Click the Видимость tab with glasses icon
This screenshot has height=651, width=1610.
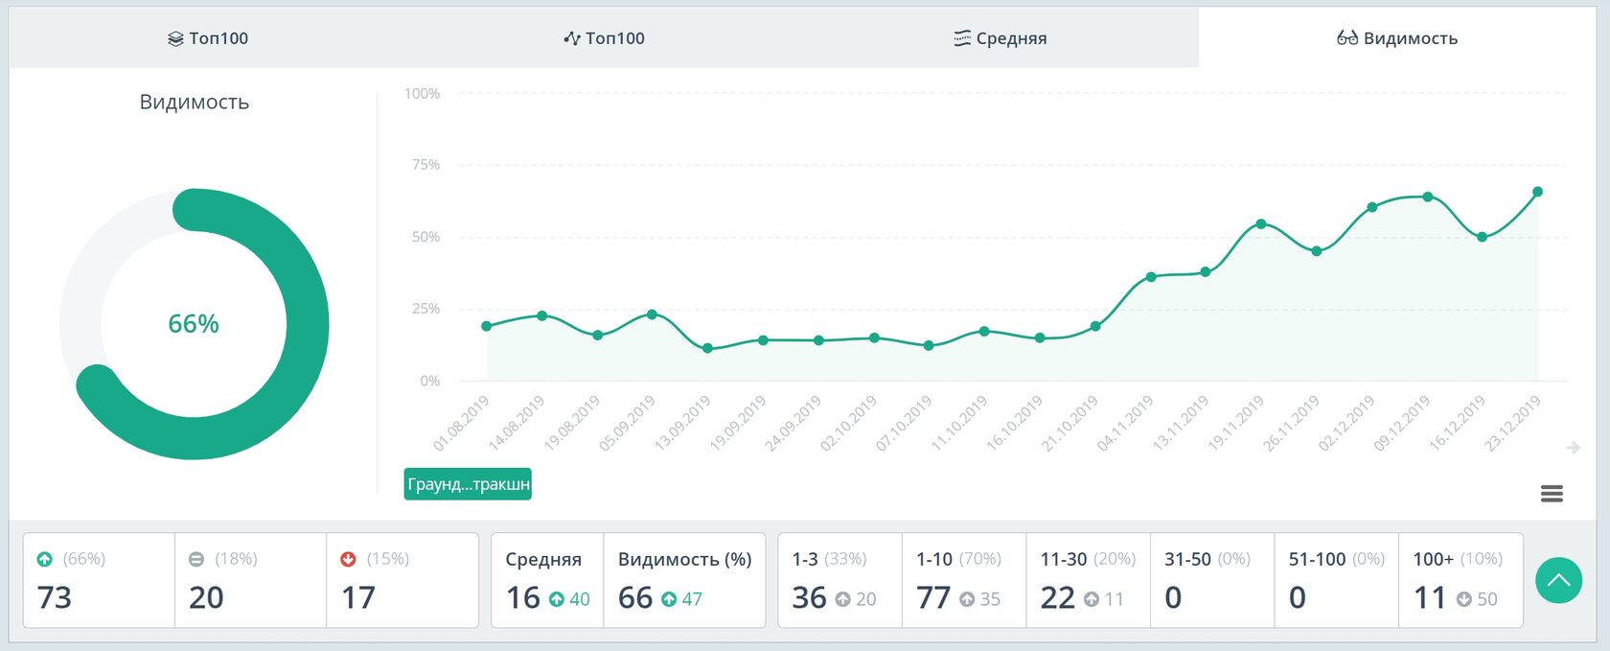click(x=1397, y=38)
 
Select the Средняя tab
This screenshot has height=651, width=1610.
click(x=1000, y=38)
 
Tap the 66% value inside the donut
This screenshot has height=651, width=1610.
click(x=194, y=324)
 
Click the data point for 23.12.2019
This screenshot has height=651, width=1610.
click(x=1538, y=192)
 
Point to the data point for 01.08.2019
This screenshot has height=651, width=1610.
click(x=487, y=326)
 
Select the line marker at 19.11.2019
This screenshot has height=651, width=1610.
click(x=1261, y=224)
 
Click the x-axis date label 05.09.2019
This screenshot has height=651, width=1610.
click(x=629, y=424)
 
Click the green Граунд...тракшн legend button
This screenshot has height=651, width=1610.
click(x=468, y=484)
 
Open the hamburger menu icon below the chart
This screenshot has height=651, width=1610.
click(x=1552, y=494)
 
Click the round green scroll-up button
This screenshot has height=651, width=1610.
click(x=1558, y=580)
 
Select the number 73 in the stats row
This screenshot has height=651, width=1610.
click(x=55, y=597)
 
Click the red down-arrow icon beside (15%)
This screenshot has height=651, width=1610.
click(x=349, y=559)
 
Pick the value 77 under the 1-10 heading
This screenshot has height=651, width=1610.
click(x=933, y=597)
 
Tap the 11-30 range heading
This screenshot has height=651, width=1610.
click(x=1064, y=559)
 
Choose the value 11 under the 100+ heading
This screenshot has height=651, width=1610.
click(x=1430, y=597)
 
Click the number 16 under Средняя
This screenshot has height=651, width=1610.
click(x=523, y=597)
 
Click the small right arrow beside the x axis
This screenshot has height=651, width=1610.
click(x=1574, y=448)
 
